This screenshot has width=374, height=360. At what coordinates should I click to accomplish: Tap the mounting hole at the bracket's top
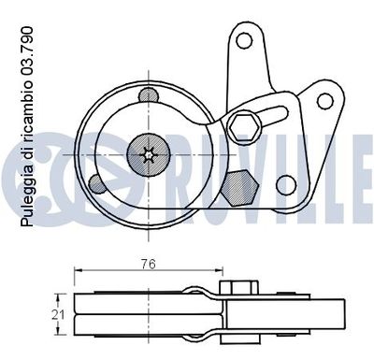246,41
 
